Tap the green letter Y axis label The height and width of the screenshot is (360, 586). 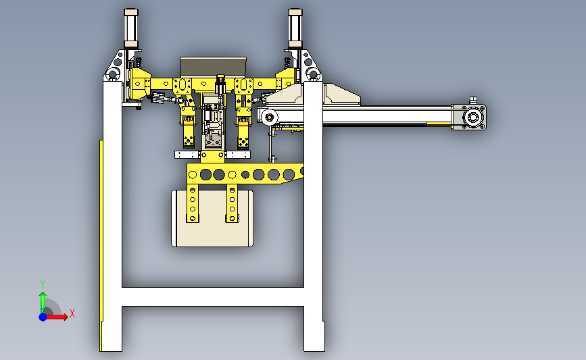tap(43, 284)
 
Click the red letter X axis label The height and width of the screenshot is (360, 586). tap(72, 313)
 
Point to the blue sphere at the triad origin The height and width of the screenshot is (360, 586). tap(43, 317)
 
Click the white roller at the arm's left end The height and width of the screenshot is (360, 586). tap(270, 118)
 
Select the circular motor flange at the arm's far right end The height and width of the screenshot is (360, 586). tap(472, 118)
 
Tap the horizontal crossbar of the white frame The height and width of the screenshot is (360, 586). tap(213, 297)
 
